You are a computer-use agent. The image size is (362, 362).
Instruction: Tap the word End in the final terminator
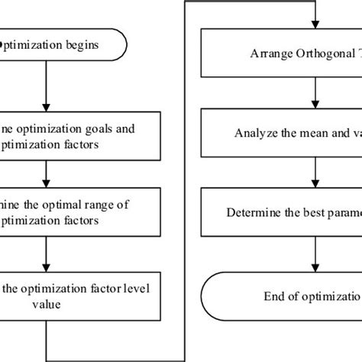(273, 295)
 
